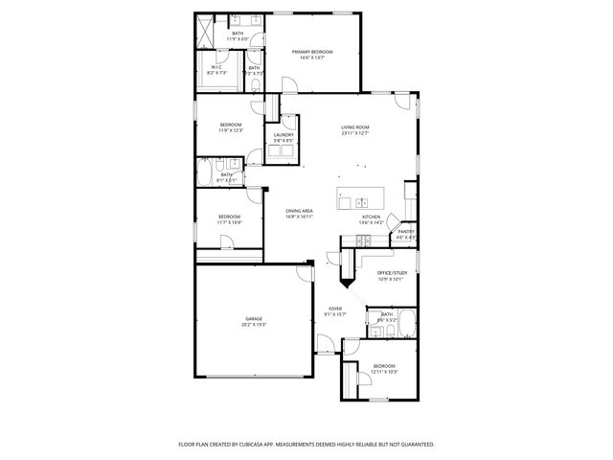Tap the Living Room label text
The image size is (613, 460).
[355, 127]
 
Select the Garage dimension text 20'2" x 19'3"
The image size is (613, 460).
[253, 325]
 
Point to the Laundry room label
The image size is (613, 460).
[284, 134]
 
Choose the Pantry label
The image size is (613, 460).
[406, 230]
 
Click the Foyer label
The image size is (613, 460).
[335, 308]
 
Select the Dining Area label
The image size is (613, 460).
[299, 210]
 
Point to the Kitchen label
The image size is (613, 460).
[371, 217]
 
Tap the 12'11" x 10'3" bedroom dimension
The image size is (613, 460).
[385, 371]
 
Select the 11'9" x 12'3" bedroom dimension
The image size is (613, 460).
[231, 130]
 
